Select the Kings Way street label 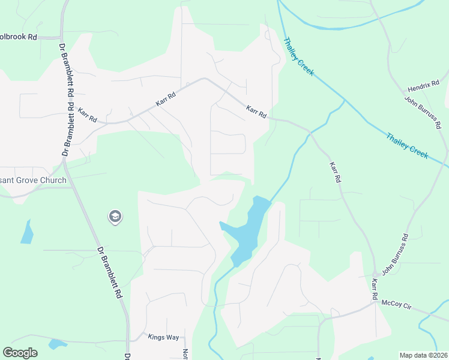click(x=163, y=337)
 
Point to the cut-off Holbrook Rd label click(x=19, y=37)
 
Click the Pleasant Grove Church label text click(x=33, y=180)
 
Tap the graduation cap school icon click(x=115, y=217)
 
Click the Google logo click(x=20, y=353)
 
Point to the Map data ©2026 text click(x=423, y=355)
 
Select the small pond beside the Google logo click(x=58, y=344)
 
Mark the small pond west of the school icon click(x=27, y=232)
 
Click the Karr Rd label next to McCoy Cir click(x=374, y=289)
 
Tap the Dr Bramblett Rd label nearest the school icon click(x=108, y=273)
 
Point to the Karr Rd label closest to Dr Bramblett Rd click(x=87, y=115)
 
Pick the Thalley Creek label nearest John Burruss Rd click(x=408, y=145)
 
